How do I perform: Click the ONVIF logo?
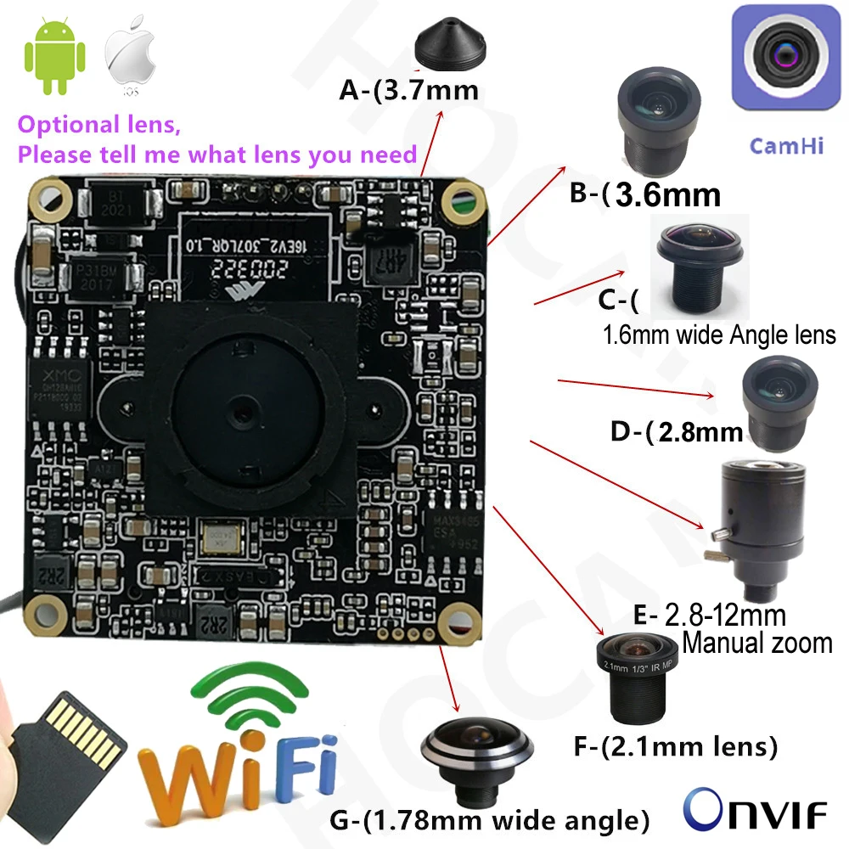coord(755,811)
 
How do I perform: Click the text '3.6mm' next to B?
coord(667,195)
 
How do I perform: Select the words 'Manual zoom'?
coord(756,642)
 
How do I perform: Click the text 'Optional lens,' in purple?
coord(99,126)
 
